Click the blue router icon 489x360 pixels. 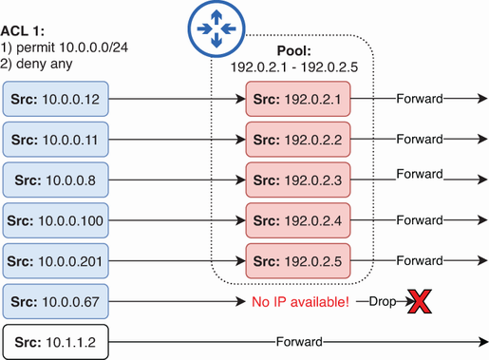pyautogui.click(x=216, y=28)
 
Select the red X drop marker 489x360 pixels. pyautogui.click(x=420, y=301)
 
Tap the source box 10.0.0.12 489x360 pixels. pyautogui.click(x=56, y=99)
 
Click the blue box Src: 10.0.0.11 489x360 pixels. pyautogui.click(x=56, y=140)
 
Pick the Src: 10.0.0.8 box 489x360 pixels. pyautogui.click(x=56, y=180)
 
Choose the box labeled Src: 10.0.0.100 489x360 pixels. pyautogui.click(x=56, y=220)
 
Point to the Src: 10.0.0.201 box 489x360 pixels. pyautogui.click(x=56, y=261)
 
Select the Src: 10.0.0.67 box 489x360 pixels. pyautogui.click(x=56, y=301)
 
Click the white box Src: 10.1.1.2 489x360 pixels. pyautogui.click(x=56, y=342)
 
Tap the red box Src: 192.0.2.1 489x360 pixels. pyautogui.click(x=298, y=99)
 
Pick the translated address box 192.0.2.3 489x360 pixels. pyautogui.click(x=298, y=180)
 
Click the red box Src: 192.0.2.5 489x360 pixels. pyautogui.click(x=298, y=261)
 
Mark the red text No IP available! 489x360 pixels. pyautogui.click(x=301, y=302)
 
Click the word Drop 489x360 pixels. pyautogui.click(x=383, y=301)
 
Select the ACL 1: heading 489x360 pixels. pyautogui.click(x=23, y=31)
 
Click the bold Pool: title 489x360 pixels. pyautogui.click(x=294, y=50)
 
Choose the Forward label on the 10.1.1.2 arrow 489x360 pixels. pyautogui.click(x=299, y=342)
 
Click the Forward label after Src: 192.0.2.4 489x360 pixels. pyautogui.click(x=420, y=220)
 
